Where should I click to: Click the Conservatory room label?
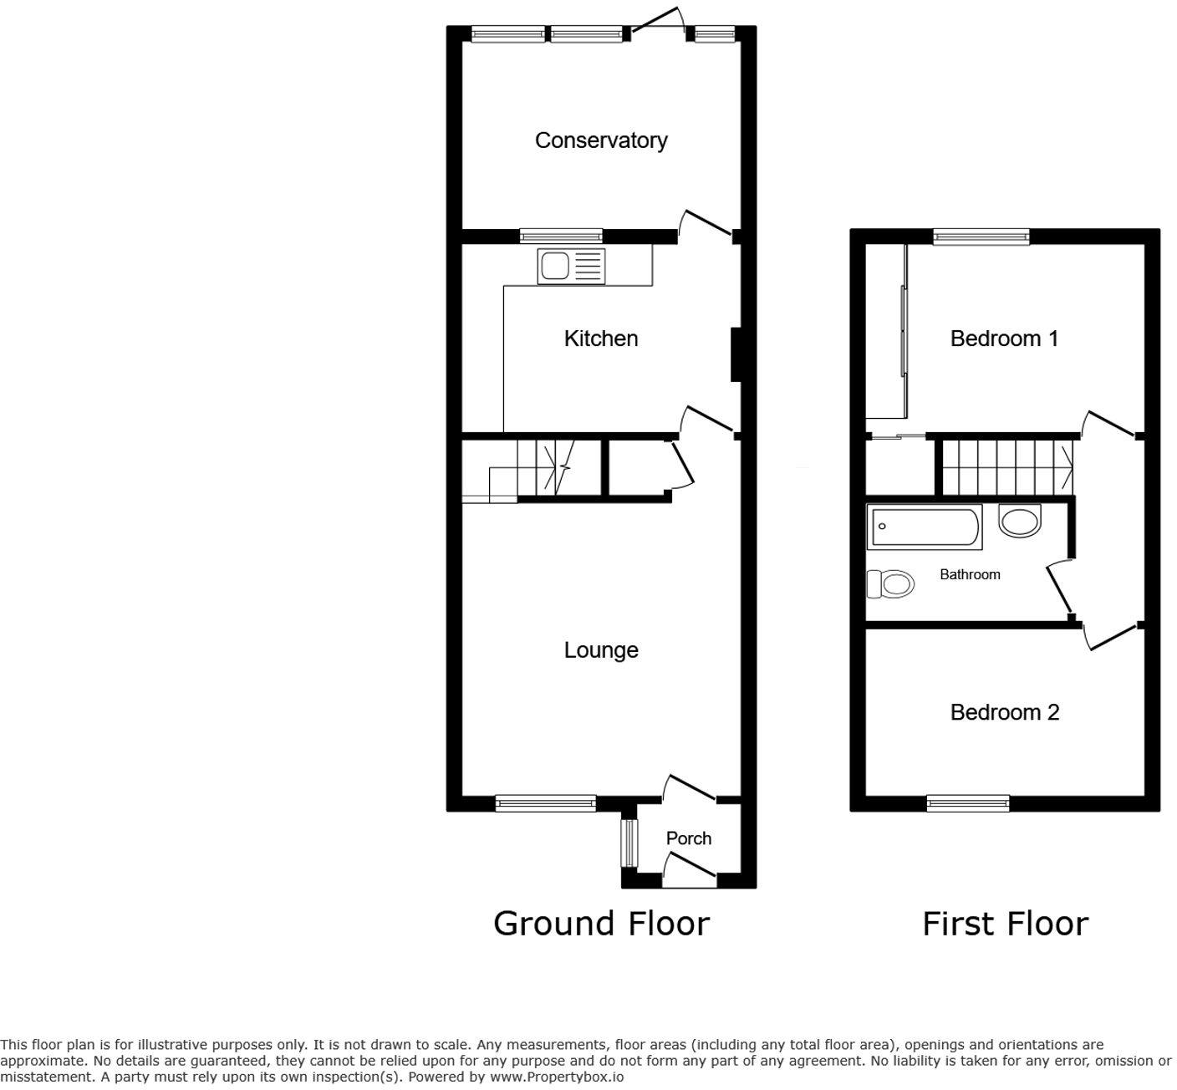pyautogui.click(x=601, y=140)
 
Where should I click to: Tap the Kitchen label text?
pyautogui.click(x=601, y=339)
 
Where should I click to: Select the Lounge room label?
pyautogui.click(x=601, y=650)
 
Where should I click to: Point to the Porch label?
pyautogui.click(x=688, y=838)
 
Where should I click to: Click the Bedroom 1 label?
pyautogui.click(x=1004, y=339)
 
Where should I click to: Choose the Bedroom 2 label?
pyautogui.click(x=1005, y=712)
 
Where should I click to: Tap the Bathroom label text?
pyautogui.click(x=971, y=574)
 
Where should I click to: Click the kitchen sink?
pyautogui.click(x=571, y=267)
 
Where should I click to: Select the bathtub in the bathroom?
pyautogui.click(x=925, y=527)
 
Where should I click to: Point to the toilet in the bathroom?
pyautogui.click(x=890, y=583)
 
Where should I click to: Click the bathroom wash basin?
pyautogui.click(x=1019, y=521)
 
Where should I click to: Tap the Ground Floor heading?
pyautogui.click(x=601, y=924)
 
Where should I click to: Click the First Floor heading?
pyautogui.click(x=1005, y=924)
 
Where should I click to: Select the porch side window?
pyautogui.click(x=629, y=843)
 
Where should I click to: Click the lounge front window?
pyautogui.click(x=546, y=803)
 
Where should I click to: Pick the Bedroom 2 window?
pyautogui.click(x=968, y=803)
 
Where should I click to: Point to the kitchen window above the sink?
pyautogui.click(x=561, y=237)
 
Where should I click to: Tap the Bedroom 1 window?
pyautogui.click(x=981, y=237)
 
